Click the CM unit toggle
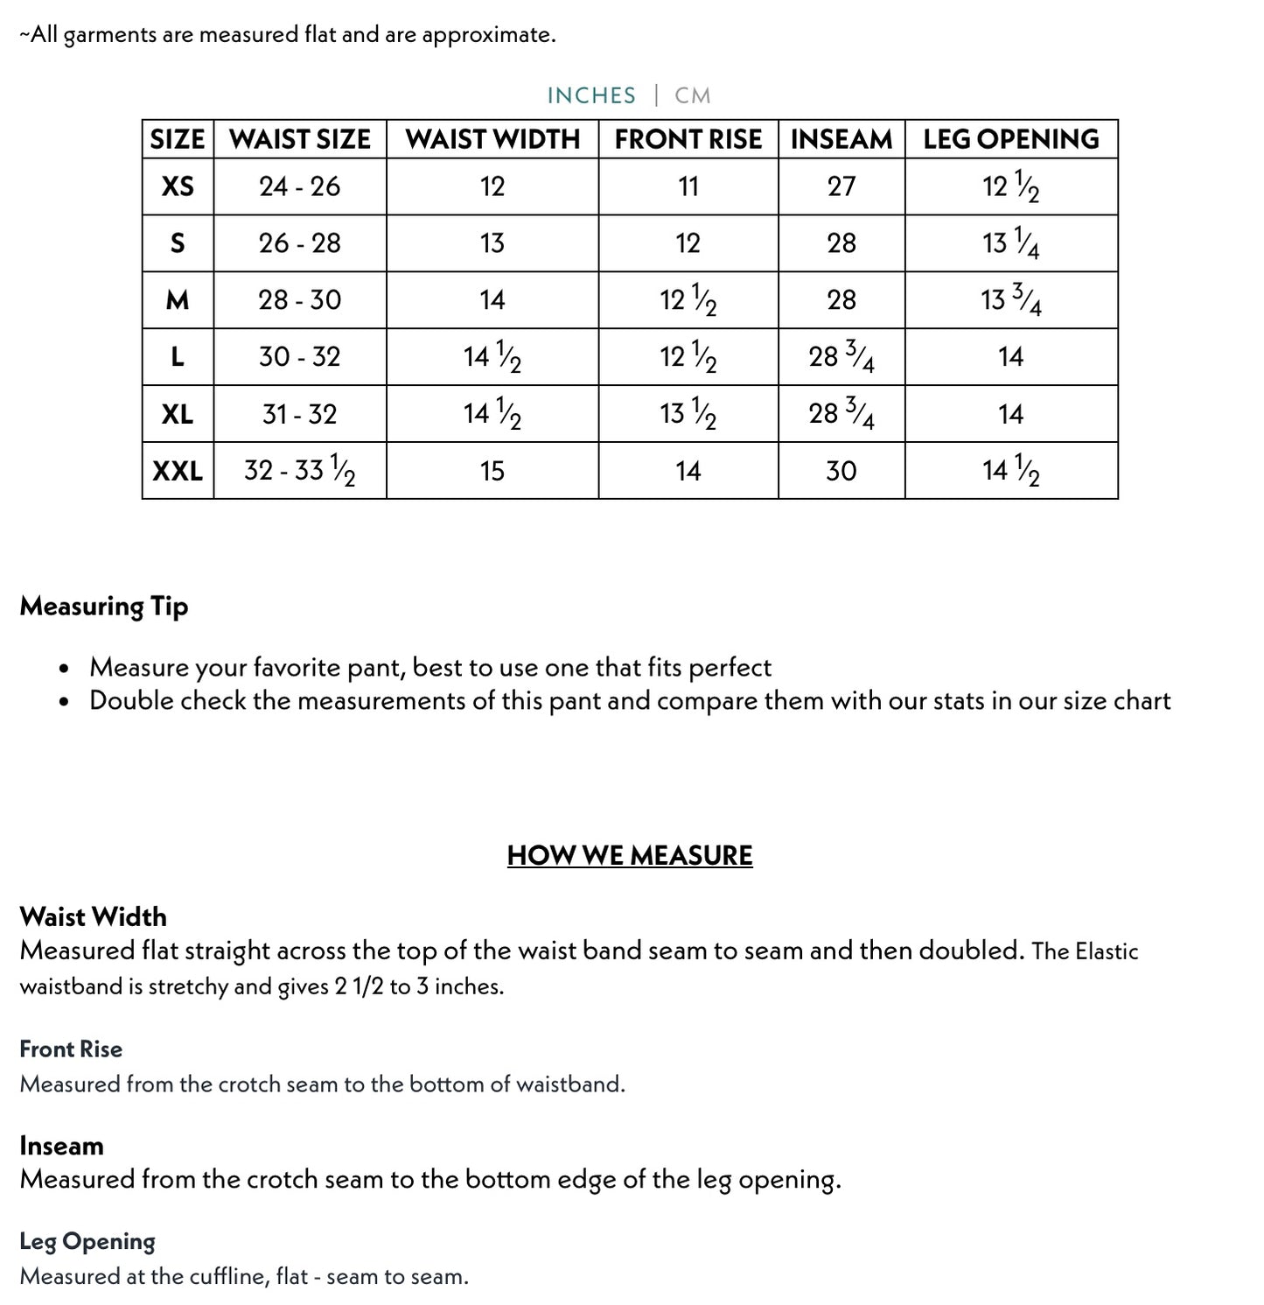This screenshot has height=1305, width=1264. [692, 95]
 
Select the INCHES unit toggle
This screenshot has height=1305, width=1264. [591, 95]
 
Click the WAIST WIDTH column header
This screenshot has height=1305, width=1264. [492, 139]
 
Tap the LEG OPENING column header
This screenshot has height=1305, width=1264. [1011, 139]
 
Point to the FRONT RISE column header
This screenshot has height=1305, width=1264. [688, 139]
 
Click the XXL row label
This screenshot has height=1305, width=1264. [178, 471]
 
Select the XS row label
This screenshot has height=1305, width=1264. [178, 186]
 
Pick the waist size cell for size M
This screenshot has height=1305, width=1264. [300, 300]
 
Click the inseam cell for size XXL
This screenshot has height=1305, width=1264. [842, 471]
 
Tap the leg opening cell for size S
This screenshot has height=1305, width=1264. [1011, 243]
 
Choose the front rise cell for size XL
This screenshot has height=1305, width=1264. [688, 414]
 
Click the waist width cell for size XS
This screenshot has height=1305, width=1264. [492, 186]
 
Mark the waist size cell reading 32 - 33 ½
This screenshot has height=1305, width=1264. [300, 471]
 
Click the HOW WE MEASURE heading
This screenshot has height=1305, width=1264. [630, 855]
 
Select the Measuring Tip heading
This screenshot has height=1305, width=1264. [104, 606]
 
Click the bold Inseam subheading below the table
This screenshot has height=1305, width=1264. [61, 1146]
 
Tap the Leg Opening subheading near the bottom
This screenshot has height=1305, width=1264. [87, 1241]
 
